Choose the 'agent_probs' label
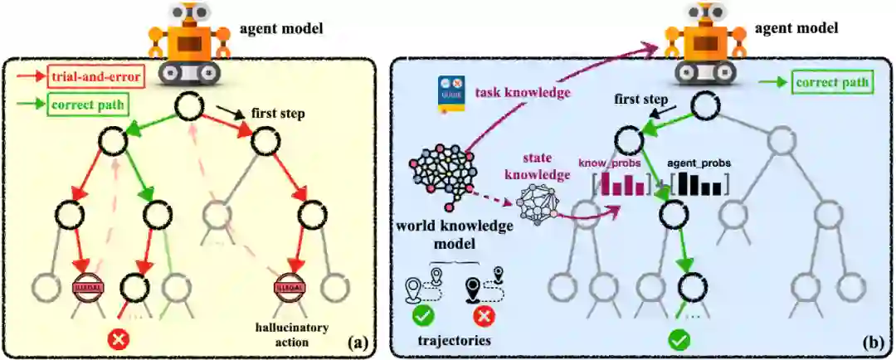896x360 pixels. point(699,163)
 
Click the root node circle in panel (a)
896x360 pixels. point(187,106)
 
